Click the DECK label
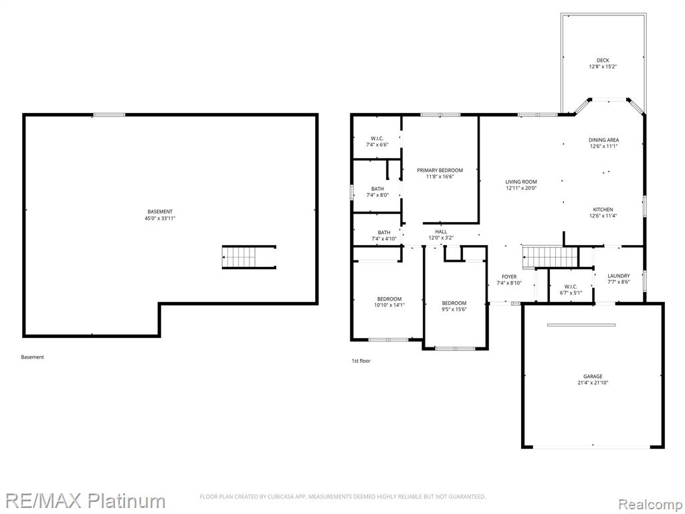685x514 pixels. click(x=603, y=60)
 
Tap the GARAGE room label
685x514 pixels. click(x=593, y=376)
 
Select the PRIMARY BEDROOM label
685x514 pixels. click(x=440, y=171)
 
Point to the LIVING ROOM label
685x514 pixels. click(x=521, y=182)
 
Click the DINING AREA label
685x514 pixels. click(x=604, y=141)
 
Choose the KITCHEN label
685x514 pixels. click(x=603, y=209)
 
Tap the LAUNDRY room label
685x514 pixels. click(x=619, y=276)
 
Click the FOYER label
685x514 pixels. click(x=509, y=276)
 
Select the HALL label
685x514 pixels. click(x=441, y=232)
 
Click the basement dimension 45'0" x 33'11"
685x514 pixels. click(x=160, y=218)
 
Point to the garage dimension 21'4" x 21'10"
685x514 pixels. click(x=593, y=382)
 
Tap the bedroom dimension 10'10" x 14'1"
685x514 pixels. click(x=389, y=305)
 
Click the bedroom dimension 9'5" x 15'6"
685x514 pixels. click(x=454, y=309)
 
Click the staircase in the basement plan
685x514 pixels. click(x=249, y=257)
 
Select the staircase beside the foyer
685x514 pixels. click(x=551, y=256)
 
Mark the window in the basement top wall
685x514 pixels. click(x=109, y=115)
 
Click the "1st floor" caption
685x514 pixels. click(x=361, y=361)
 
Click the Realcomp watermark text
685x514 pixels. click(x=650, y=504)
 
